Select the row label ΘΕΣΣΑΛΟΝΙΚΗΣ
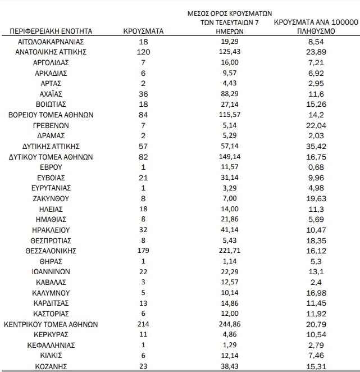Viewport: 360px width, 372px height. click(x=51, y=251)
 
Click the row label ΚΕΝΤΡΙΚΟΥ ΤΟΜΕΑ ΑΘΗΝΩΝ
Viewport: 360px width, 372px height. click(x=51, y=324)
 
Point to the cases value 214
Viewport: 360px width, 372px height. click(x=143, y=324)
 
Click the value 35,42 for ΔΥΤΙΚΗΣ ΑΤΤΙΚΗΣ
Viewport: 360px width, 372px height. click(x=315, y=147)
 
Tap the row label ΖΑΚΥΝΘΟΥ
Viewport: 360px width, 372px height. click(x=51, y=199)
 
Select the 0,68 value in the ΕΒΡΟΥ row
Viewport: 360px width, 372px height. click(x=315, y=167)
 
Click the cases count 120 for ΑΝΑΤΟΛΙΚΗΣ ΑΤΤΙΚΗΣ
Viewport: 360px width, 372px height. click(x=143, y=52)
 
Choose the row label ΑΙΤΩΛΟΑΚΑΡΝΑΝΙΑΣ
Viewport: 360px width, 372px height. click(x=51, y=42)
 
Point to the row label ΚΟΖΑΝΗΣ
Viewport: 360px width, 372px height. click(x=51, y=366)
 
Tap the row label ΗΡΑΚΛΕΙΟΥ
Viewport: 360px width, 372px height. click(x=51, y=230)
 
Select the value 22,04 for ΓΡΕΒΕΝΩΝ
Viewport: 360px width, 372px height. click(x=315, y=125)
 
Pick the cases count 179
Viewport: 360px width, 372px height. click(x=143, y=251)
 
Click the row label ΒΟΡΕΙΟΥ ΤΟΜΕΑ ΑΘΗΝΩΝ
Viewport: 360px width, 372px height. click(x=51, y=115)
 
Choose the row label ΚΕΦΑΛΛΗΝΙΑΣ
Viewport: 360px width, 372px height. click(x=51, y=345)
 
